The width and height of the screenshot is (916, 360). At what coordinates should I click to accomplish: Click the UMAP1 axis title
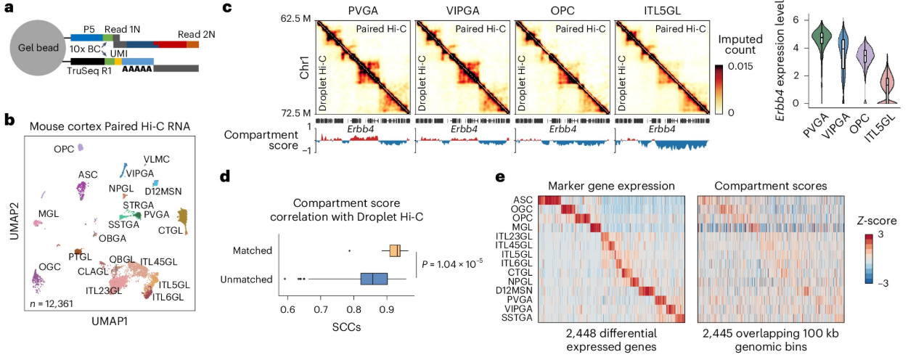(109, 320)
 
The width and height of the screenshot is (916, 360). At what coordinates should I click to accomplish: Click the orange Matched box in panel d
(394, 250)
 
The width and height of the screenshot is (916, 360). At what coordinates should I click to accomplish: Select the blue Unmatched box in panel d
(375, 279)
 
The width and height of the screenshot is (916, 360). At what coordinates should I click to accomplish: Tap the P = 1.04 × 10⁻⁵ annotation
(453, 263)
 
